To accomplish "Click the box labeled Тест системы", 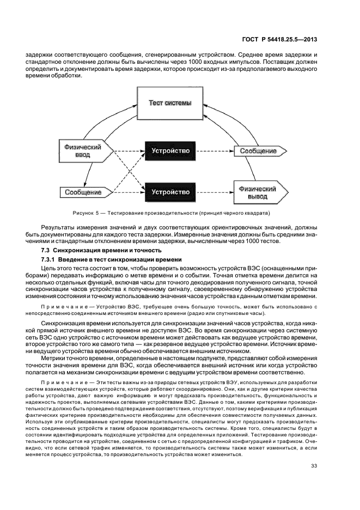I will (x=170, y=104).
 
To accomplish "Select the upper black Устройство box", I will (x=170, y=150).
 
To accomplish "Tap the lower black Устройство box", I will (x=170, y=192).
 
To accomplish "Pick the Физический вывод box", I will (x=258, y=192).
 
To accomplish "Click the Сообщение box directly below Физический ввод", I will (x=83, y=192).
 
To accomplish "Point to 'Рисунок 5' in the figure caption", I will (x=86, y=212).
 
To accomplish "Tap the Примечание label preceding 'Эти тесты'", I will (x=64, y=382).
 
